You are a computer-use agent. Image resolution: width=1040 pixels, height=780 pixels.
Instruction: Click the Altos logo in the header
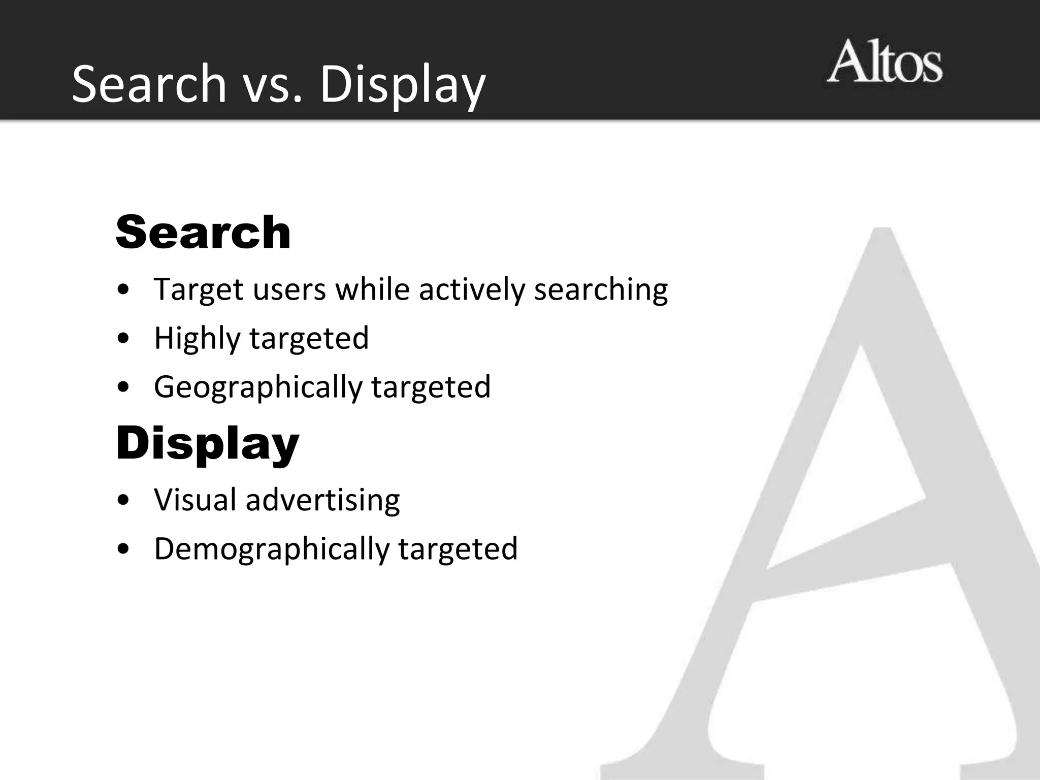click(884, 63)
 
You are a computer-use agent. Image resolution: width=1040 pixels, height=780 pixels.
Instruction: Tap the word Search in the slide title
click(149, 84)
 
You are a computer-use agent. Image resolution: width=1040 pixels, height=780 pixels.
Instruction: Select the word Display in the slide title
click(403, 85)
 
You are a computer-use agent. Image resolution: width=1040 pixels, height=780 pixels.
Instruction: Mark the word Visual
click(195, 500)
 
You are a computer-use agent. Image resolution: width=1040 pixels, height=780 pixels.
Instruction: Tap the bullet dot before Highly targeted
click(122, 339)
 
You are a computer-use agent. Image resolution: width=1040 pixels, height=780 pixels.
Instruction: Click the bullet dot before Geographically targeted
click(122, 387)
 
